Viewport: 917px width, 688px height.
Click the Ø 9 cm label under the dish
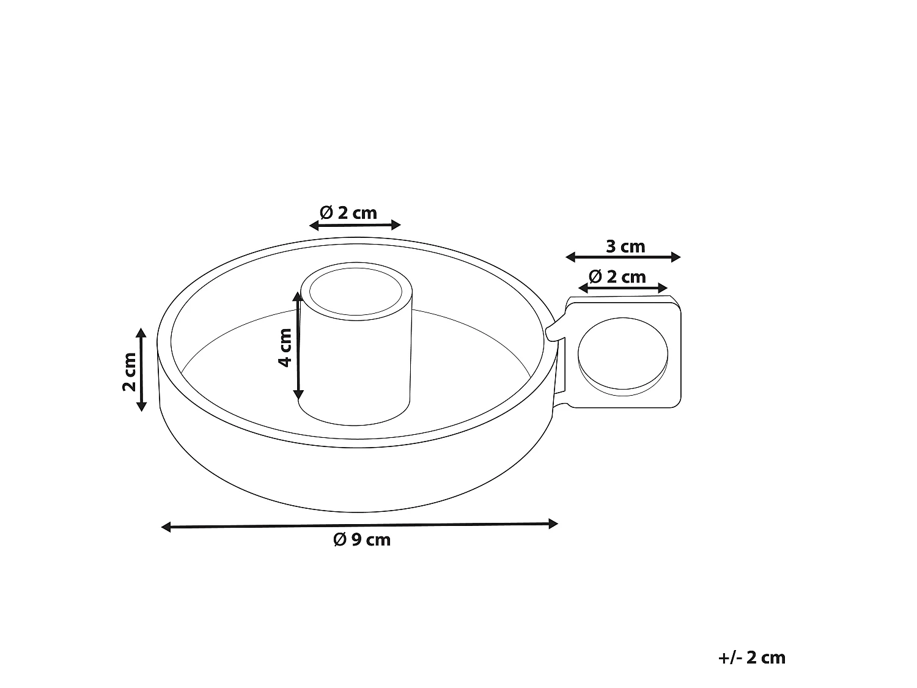pyautogui.click(x=361, y=540)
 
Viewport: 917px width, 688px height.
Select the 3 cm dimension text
pyautogui.click(x=625, y=246)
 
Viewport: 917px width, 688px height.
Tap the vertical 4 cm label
pyautogui.click(x=285, y=347)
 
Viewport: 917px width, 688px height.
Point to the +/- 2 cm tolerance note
pyautogui.click(x=751, y=657)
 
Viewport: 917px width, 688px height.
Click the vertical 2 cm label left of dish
pyautogui.click(x=129, y=371)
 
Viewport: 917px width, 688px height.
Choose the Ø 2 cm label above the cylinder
pyautogui.click(x=348, y=213)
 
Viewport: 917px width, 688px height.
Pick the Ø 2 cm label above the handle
pyautogui.click(x=617, y=277)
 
